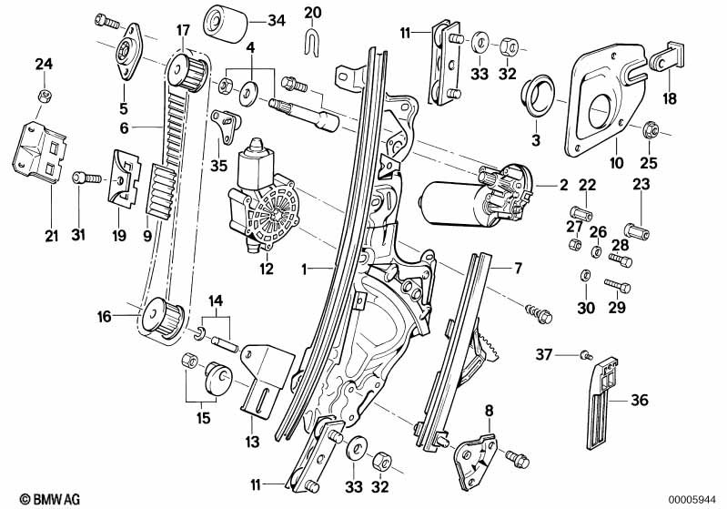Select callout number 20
pos(312,13)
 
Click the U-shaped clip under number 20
pos(312,41)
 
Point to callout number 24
pos(43,63)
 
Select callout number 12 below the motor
pos(266,269)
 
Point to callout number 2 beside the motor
pos(563,185)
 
